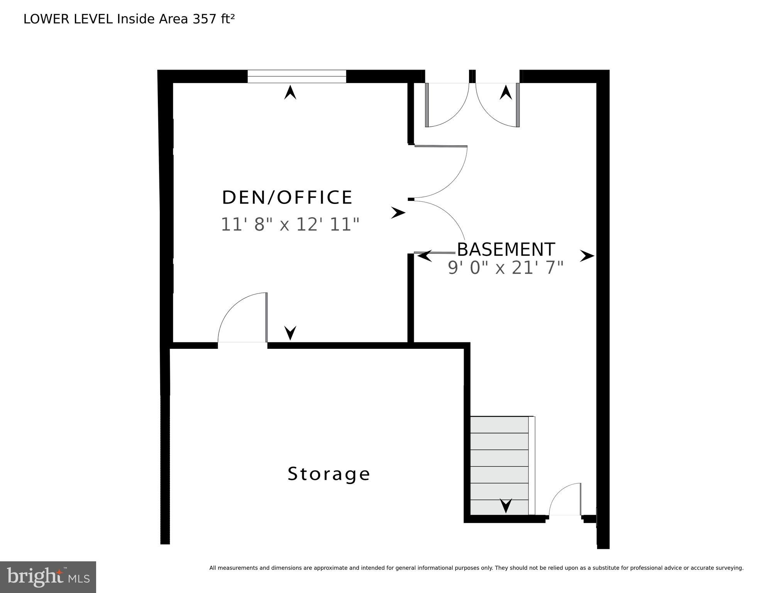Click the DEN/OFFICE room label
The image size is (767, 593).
point(287,197)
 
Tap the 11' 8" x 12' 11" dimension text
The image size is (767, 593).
point(290,224)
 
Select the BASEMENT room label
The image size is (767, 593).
point(506,250)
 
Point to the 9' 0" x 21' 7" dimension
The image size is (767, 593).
point(506,268)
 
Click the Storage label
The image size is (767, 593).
point(329,474)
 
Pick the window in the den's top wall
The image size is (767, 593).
point(296,76)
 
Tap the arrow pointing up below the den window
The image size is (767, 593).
point(290,93)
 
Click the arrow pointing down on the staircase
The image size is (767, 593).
point(506,505)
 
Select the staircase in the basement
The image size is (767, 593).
point(499,466)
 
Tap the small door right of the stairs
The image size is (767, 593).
point(565,500)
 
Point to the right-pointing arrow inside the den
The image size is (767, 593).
point(398,213)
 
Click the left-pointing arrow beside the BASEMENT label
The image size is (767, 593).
point(425,255)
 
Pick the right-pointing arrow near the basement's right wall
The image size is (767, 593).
point(587,256)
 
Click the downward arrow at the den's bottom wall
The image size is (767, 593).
point(290,333)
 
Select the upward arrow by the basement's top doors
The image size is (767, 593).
point(506,93)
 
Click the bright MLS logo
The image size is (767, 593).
point(48,577)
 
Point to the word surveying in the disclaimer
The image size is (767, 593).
point(730,568)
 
